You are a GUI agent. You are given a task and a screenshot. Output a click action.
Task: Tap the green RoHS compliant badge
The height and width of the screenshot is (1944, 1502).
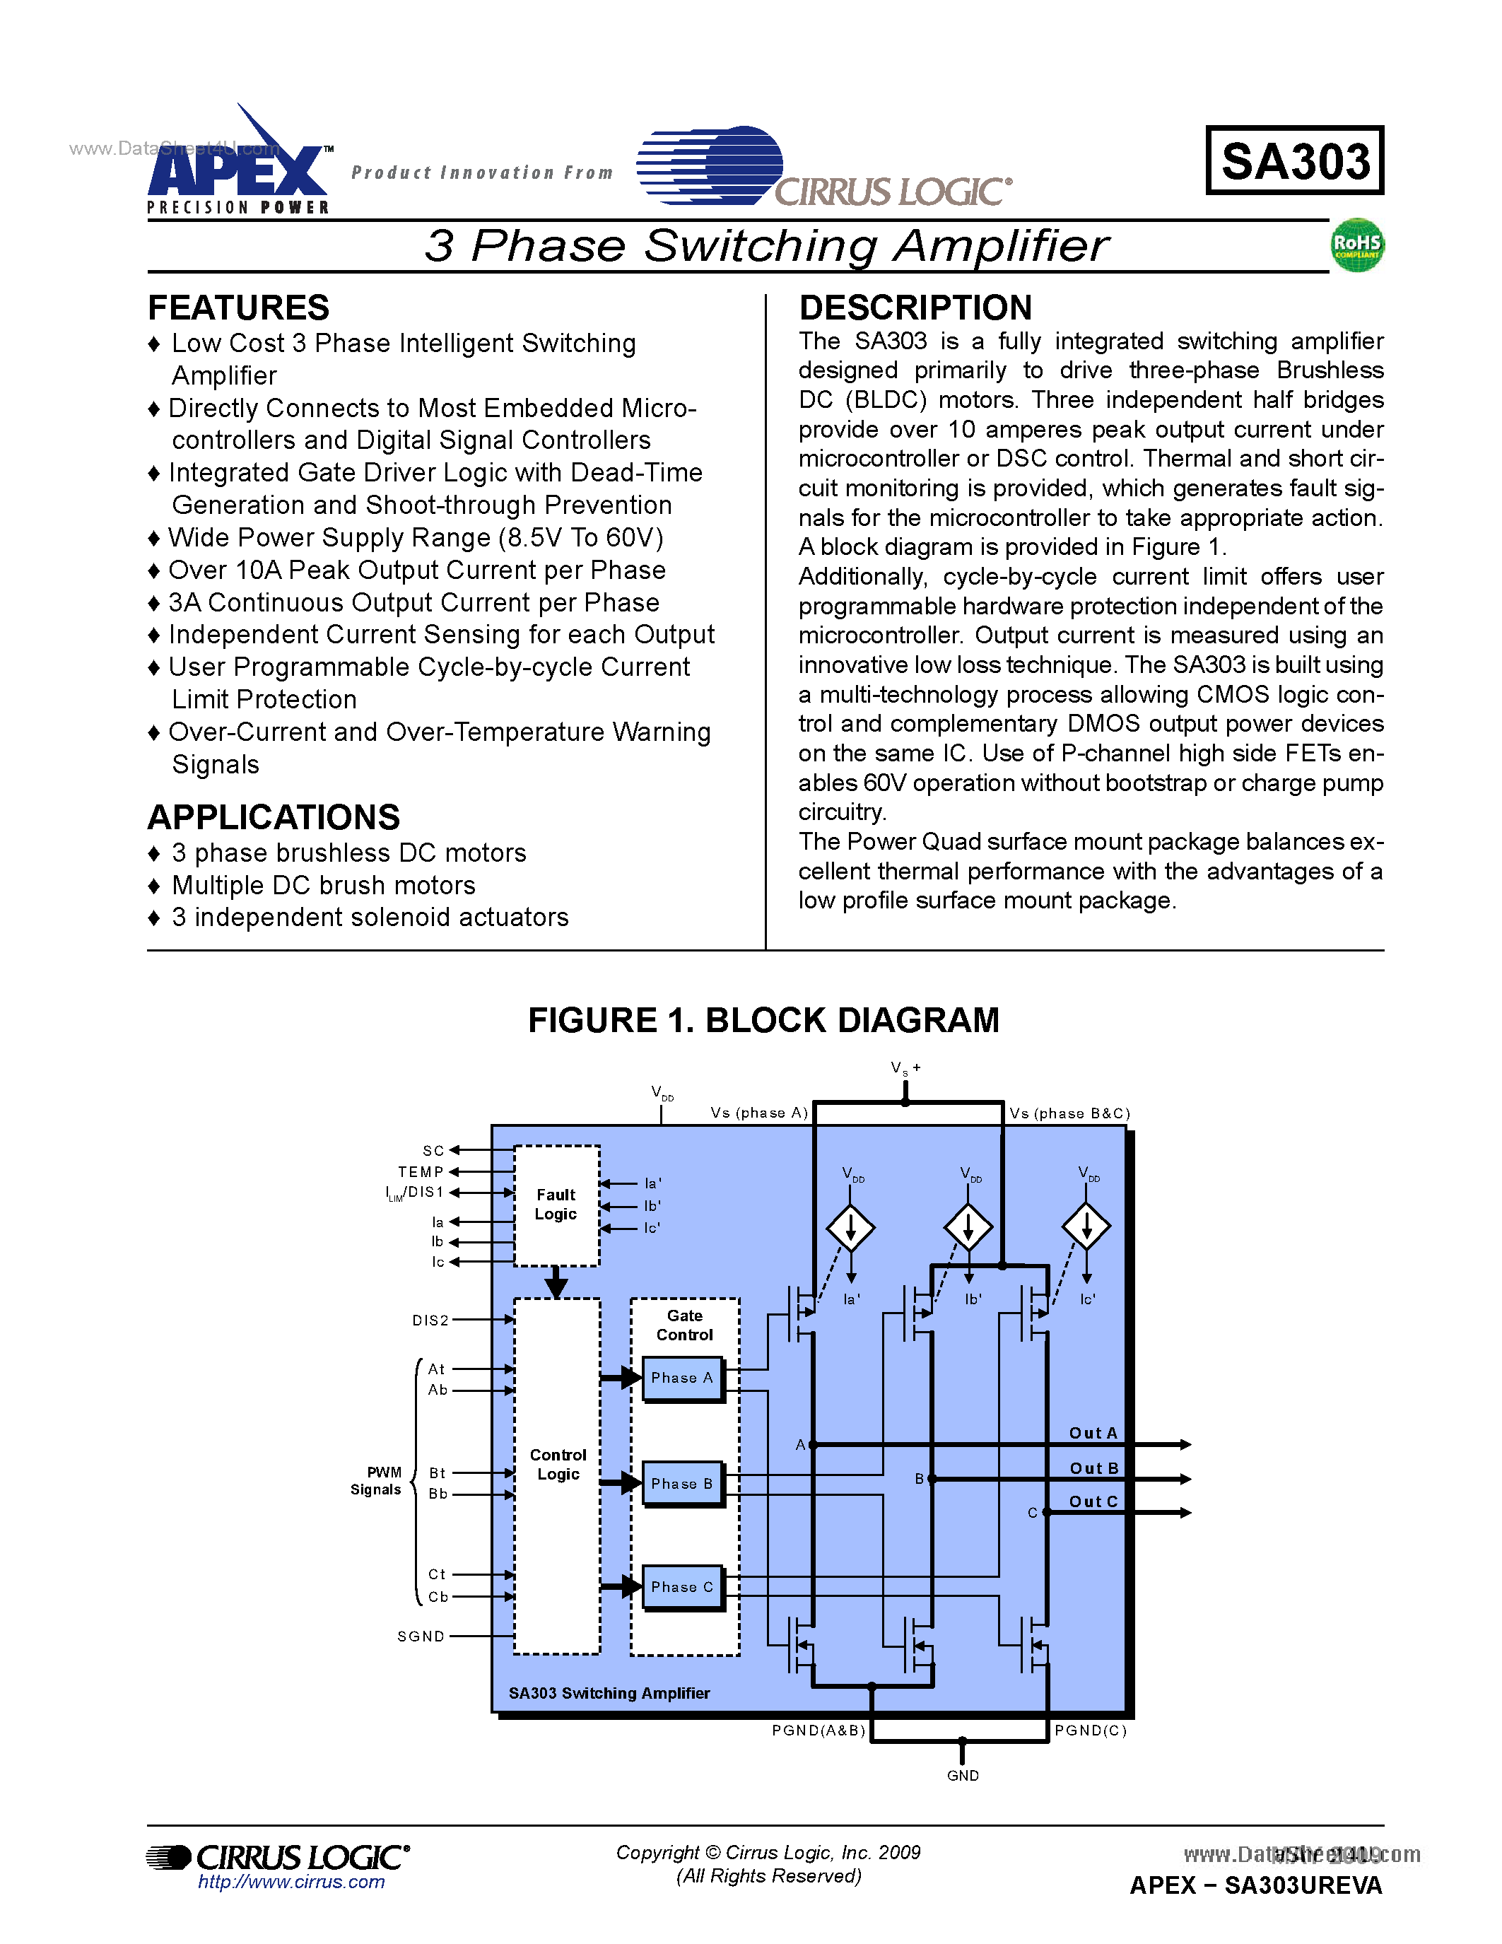click(1357, 245)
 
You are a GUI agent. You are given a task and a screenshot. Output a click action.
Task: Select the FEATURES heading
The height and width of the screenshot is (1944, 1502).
click(238, 308)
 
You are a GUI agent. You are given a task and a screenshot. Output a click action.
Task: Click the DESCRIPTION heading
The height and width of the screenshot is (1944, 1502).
click(915, 308)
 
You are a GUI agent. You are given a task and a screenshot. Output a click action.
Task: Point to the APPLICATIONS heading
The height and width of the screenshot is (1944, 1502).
click(274, 817)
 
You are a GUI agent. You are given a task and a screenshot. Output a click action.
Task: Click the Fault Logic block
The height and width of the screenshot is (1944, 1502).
click(556, 1205)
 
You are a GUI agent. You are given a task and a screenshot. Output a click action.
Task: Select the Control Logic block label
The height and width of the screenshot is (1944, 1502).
click(558, 1464)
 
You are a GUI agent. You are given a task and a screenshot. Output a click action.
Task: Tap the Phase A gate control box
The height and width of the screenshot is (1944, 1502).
click(683, 1378)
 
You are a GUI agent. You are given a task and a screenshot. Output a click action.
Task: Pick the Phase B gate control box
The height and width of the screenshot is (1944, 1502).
click(683, 1484)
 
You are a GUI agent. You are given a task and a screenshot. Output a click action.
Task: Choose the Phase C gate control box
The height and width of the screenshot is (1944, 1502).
click(683, 1587)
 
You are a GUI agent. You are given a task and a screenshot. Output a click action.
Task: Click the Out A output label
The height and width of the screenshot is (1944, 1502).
click(1093, 1433)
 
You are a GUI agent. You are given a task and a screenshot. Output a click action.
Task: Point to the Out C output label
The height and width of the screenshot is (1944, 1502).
click(1093, 1501)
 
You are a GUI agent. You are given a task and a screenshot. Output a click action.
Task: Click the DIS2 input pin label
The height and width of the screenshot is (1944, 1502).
click(430, 1320)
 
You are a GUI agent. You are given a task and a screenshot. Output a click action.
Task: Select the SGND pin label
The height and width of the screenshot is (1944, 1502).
click(421, 1636)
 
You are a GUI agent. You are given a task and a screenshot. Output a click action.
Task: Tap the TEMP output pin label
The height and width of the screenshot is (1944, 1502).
click(421, 1172)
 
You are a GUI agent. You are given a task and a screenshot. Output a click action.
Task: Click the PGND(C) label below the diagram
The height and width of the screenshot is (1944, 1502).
click(1091, 1731)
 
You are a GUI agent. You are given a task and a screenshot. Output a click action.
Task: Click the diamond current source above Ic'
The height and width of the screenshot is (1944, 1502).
click(1086, 1226)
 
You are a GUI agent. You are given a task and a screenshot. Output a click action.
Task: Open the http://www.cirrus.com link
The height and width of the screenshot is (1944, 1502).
click(291, 1882)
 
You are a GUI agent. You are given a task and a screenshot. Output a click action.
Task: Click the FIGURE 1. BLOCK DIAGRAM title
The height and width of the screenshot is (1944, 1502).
click(763, 1020)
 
